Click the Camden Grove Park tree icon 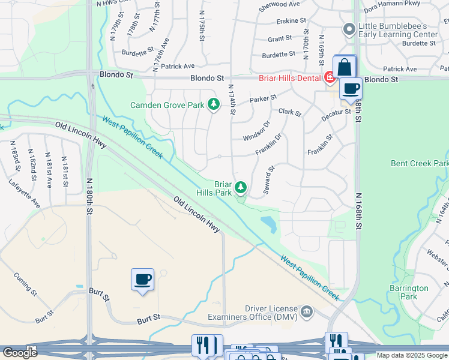[213, 105]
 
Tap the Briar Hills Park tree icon [241, 188]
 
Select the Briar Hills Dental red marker [329, 77]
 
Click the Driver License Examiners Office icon [307, 311]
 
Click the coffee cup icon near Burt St [143, 280]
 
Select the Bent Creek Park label [420, 163]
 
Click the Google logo [20, 353]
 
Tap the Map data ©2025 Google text [411, 355]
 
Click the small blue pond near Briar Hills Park [268, 224]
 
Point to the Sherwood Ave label [279, 4]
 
